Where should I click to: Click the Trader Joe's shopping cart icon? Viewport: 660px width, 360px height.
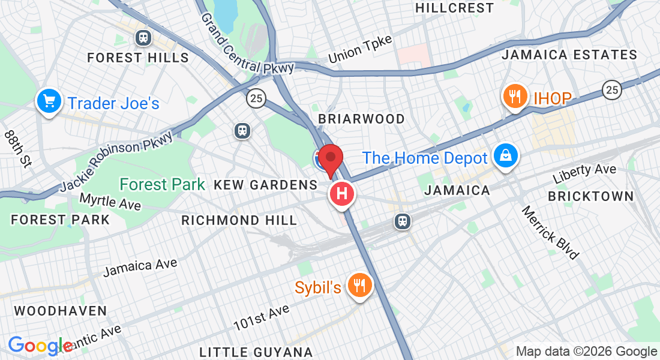coord(49,101)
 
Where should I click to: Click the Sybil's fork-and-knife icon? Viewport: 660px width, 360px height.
coord(359,285)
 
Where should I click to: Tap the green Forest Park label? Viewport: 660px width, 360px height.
coord(163,184)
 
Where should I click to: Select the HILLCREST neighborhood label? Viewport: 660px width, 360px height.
coord(454,8)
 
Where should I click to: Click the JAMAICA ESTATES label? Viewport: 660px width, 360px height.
coord(569,55)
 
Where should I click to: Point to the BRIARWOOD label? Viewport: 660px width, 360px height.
coord(361,119)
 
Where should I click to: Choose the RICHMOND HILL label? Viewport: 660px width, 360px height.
coord(239,220)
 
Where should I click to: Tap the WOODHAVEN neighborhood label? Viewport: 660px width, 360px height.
coord(61,311)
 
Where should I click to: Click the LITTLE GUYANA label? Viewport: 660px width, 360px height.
coord(256,352)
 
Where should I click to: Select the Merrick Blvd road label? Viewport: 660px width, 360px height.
coord(550,233)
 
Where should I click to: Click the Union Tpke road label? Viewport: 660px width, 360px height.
coord(360,49)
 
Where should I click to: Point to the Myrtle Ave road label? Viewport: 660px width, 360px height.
coord(110,202)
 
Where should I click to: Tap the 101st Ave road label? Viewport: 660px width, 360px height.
coord(262,317)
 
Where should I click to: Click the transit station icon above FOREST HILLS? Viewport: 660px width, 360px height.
coord(143,38)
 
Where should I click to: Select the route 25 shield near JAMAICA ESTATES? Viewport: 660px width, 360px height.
coord(611,90)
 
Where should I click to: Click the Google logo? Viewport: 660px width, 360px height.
coord(40,346)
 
